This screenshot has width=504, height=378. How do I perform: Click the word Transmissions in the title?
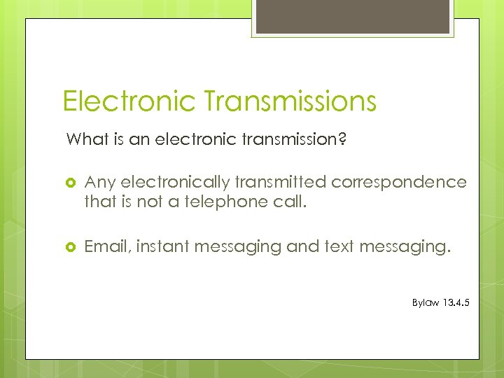(290, 101)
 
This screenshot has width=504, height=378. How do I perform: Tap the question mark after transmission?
(341, 139)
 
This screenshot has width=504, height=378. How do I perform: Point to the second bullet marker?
(70, 247)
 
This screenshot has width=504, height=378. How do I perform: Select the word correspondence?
(399, 182)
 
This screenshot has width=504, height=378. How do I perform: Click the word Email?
(106, 246)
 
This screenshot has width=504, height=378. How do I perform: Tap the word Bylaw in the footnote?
(426, 304)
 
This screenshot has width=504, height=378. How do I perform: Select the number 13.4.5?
(457, 304)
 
